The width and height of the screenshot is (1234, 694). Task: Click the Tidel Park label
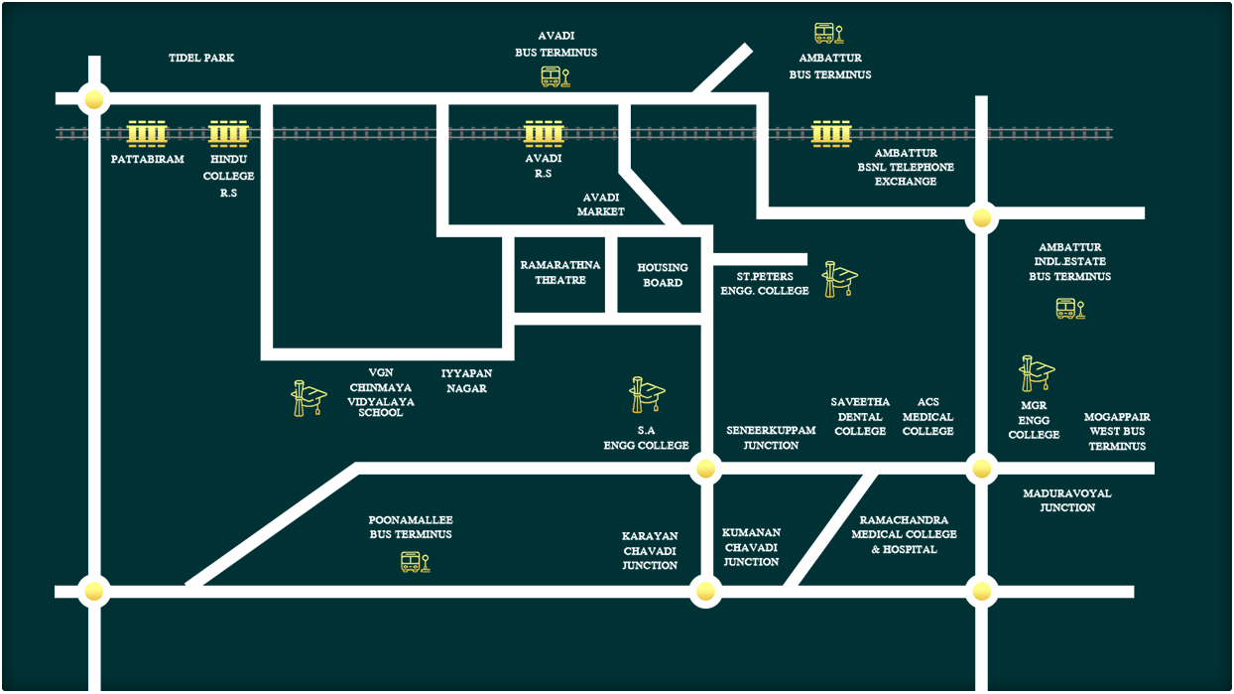click(201, 59)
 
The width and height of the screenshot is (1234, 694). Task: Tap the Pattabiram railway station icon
click(147, 133)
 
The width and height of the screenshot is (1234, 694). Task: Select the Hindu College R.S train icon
click(227, 133)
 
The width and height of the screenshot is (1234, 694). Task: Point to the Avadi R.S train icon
click(543, 133)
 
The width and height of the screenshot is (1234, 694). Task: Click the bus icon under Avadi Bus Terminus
click(555, 76)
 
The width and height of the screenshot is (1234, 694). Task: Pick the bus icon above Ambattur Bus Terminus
click(827, 34)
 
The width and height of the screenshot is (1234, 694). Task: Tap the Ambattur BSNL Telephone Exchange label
click(905, 168)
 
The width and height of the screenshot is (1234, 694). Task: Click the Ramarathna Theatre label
click(560, 273)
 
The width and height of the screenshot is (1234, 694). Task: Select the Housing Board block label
click(662, 275)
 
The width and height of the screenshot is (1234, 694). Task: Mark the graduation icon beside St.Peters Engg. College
click(840, 280)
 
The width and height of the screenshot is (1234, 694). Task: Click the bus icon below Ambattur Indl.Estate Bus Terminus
click(1069, 309)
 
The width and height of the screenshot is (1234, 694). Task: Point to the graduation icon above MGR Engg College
click(1036, 373)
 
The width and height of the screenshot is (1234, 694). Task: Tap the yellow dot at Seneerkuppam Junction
click(705, 468)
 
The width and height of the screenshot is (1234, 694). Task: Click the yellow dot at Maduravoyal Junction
click(981, 469)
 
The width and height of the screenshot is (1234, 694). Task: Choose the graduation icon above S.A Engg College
click(647, 394)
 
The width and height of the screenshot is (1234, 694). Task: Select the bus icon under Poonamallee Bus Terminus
click(414, 563)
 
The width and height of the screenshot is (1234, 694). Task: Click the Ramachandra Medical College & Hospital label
click(904, 534)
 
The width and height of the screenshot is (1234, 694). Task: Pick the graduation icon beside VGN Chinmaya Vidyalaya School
click(308, 397)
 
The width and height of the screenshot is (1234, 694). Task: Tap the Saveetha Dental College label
click(860, 417)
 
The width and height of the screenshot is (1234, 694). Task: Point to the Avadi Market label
click(601, 205)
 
